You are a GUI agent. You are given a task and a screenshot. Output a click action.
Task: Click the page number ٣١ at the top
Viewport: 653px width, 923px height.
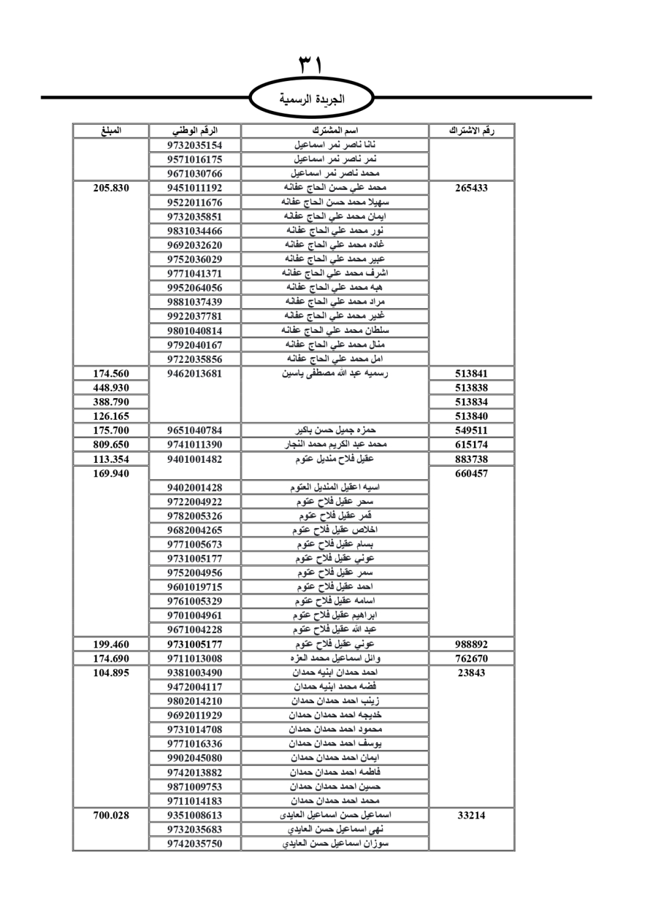pos(311,66)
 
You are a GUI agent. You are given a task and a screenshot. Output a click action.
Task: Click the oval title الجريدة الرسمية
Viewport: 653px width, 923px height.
pos(311,100)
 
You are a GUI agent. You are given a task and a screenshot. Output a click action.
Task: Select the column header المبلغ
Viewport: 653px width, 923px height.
pos(111,131)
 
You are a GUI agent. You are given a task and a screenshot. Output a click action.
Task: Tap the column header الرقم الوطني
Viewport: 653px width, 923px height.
pos(195,131)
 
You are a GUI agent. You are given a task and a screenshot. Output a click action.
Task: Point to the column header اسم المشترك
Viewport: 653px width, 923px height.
pos(335,131)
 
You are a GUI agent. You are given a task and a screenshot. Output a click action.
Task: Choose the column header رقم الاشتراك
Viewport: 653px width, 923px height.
pos(471,131)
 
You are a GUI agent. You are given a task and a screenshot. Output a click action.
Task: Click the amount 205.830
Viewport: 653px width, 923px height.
pos(111,188)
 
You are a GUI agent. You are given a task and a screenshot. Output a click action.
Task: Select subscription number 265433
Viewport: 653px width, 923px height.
pos(471,188)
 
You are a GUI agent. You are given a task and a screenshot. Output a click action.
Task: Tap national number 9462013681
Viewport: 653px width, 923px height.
pos(195,373)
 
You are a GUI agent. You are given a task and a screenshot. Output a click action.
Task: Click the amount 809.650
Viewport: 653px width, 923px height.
pos(111,445)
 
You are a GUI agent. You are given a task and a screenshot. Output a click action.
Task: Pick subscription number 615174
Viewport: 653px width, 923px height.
pos(471,445)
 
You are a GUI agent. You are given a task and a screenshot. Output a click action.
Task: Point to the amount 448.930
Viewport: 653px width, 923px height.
pos(111,388)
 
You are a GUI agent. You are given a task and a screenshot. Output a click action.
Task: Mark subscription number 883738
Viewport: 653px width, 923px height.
pos(471,459)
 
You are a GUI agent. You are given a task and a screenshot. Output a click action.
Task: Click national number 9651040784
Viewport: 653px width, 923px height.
pos(195,430)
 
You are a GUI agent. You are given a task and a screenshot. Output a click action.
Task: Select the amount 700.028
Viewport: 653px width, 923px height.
pos(111,815)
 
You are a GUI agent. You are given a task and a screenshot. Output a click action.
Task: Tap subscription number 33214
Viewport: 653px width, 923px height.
pos(471,815)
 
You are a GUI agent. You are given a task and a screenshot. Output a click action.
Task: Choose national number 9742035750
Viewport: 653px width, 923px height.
pos(195,843)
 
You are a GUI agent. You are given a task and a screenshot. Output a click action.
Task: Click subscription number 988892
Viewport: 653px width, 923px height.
pos(471,644)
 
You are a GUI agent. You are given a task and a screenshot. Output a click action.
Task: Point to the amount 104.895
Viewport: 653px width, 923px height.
pos(111,673)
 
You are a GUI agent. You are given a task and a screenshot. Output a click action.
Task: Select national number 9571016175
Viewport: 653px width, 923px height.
pos(195,159)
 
